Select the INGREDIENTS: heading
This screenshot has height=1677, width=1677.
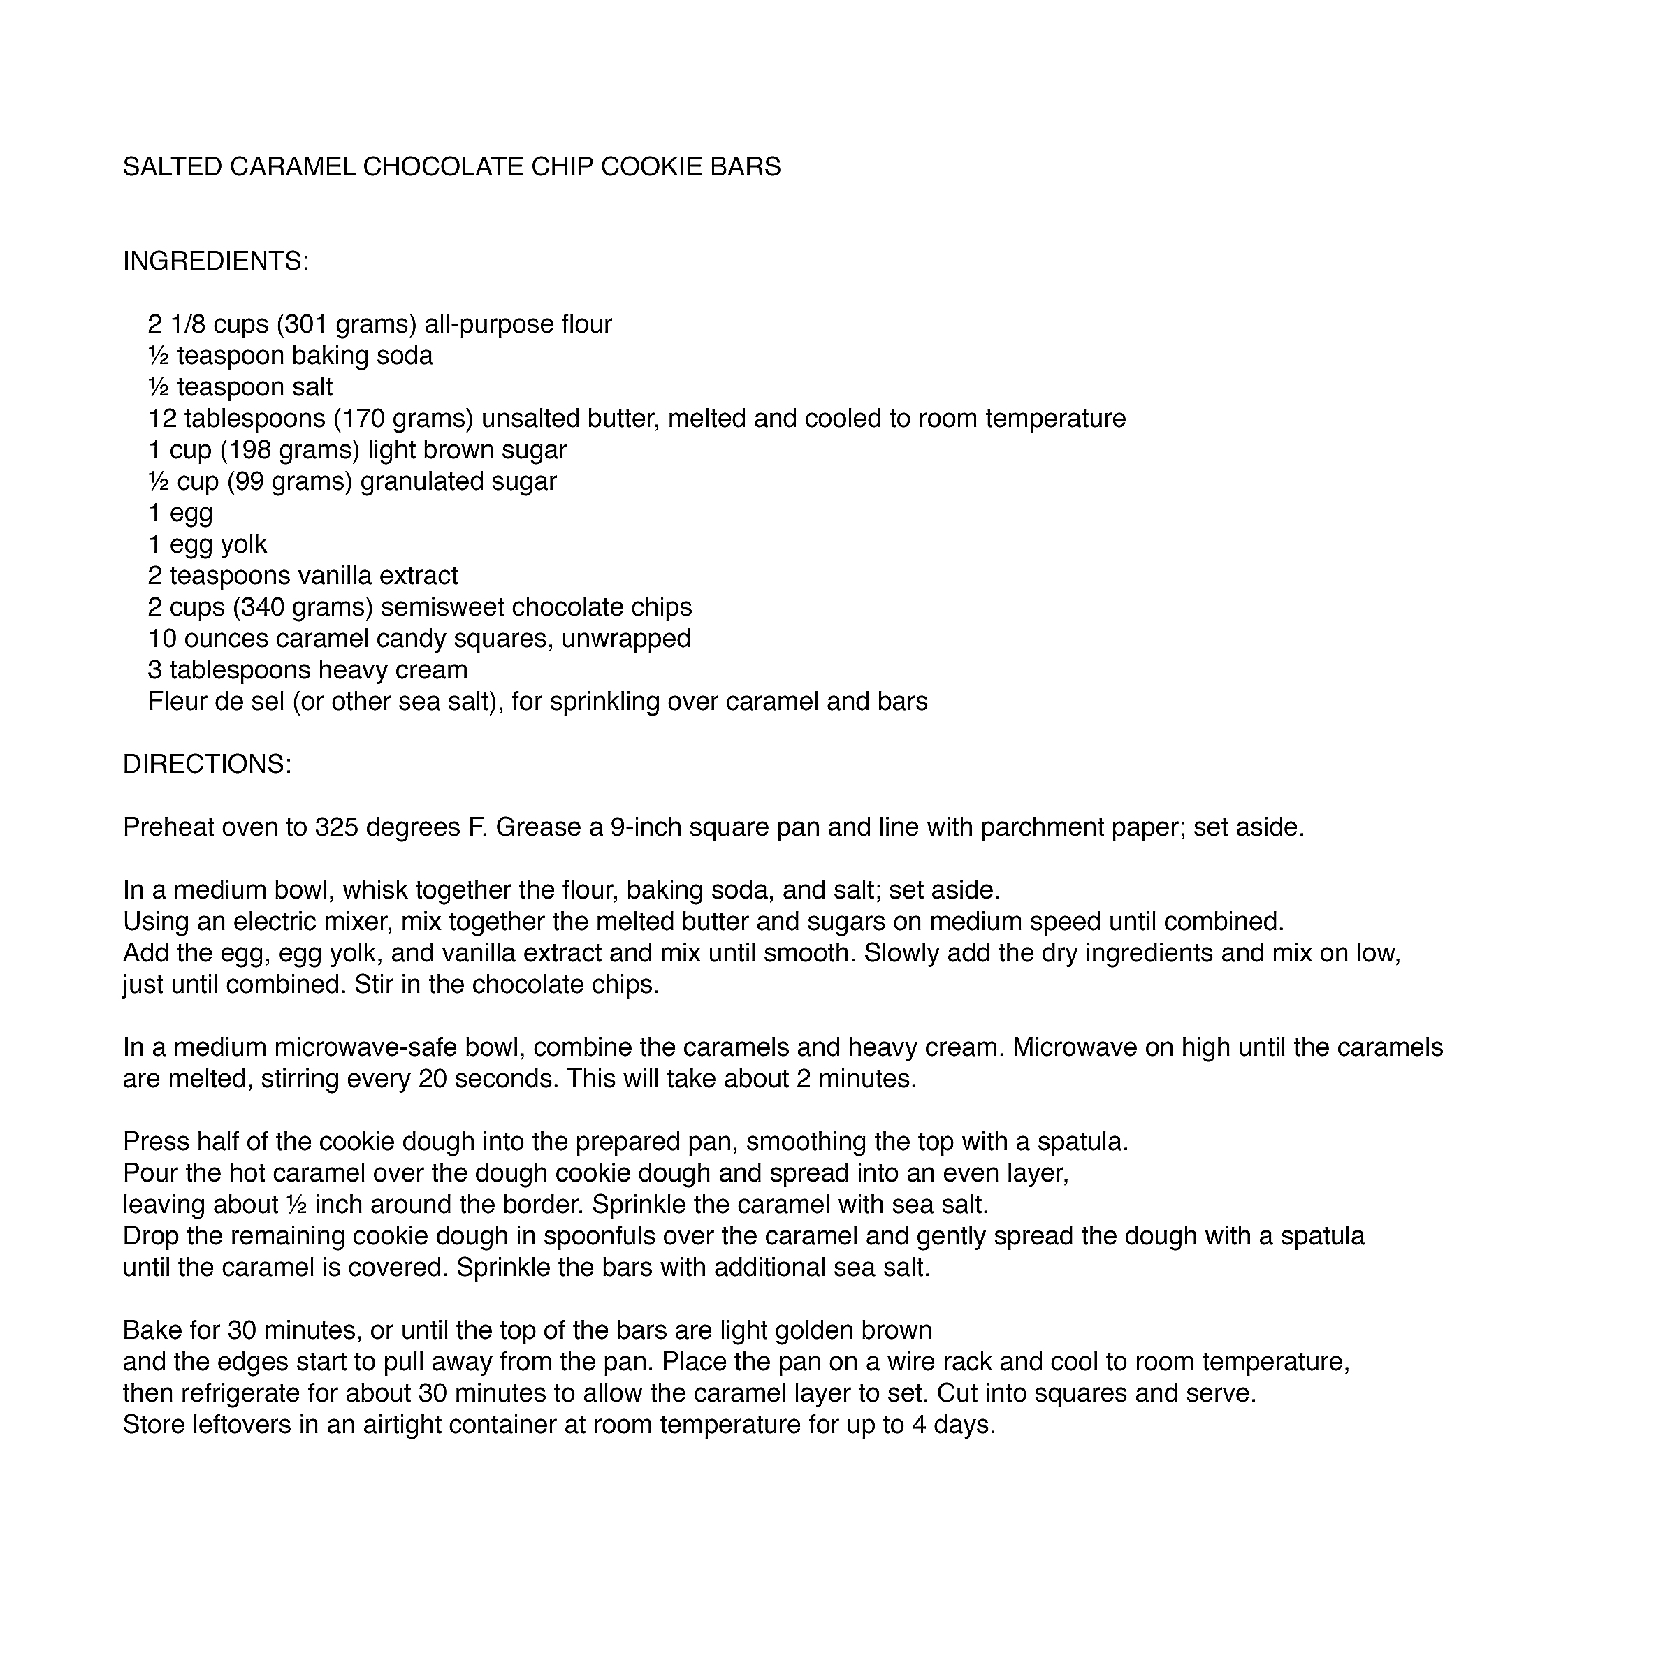pyautogui.click(x=215, y=261)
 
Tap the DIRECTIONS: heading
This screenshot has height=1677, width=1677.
pyautogui.click(x=207, y=764)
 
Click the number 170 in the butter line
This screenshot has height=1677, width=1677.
pyautogui.click(x=361, y=419)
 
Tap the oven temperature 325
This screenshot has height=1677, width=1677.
pyautogui.click(x=337, y=827)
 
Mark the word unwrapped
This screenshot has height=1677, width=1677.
pyautogui.click(x=626, y=639)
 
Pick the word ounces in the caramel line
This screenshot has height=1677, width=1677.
pyautogui.click(x=226, y=639)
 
